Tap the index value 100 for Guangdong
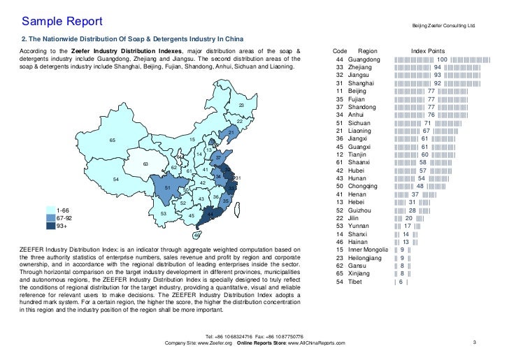click(x=442, y=60)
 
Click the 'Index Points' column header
click(x=428, y=52)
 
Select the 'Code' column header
click(x=340, y=52)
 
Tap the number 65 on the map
click(x=112, y=141)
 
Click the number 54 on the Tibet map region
click(x=115, y=180)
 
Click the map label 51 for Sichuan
click(x=167, y=188)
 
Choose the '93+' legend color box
click(x=50, y=226)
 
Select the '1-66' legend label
click(x=63, y=210)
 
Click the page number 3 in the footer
click(x=474, y=342)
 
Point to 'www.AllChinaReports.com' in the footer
click(x=322, y=343)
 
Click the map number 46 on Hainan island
click(x=196, y=235)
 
